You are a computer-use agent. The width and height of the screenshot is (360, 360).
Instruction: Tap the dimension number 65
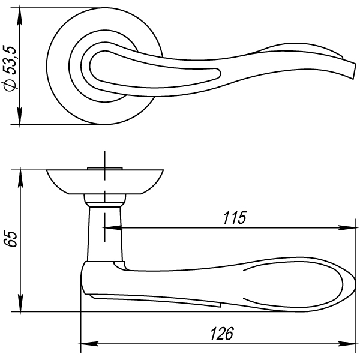[x=11, y=239]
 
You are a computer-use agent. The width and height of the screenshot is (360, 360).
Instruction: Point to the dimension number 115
[x=235, y=217]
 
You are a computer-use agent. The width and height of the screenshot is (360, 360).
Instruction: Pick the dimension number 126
[x=222, y=334]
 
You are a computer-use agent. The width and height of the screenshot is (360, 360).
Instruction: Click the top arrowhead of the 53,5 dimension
[x=20, y=16]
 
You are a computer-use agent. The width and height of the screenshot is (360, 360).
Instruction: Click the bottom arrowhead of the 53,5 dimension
[x=20, y=116]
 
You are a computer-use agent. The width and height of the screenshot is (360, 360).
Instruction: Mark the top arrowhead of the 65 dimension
[x=20, y=178]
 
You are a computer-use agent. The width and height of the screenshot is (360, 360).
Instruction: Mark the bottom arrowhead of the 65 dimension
[x=20, y=304]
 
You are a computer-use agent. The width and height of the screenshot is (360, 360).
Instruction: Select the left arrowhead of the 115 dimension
[x=113, y=228]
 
